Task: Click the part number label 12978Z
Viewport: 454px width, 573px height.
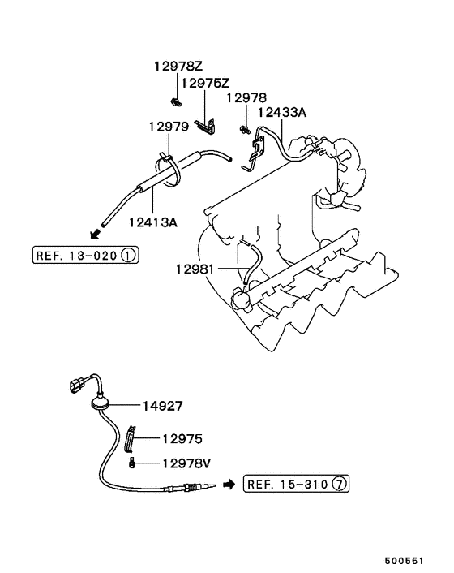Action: tap(178, 68)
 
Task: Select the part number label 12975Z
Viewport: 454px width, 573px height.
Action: tap(206, 84)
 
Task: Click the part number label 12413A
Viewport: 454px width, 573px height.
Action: tap(152, 219)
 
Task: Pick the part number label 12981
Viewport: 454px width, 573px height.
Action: tap(194, 268)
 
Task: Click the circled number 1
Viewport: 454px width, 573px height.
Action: tap(129, 256)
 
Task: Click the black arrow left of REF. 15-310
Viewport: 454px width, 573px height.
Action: tap(229, 485)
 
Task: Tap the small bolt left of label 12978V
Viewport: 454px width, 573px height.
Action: tap(130, 463)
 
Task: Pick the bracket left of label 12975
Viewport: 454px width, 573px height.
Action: tap(129, 438)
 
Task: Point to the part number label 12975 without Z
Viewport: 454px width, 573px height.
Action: tap(182, 438)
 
